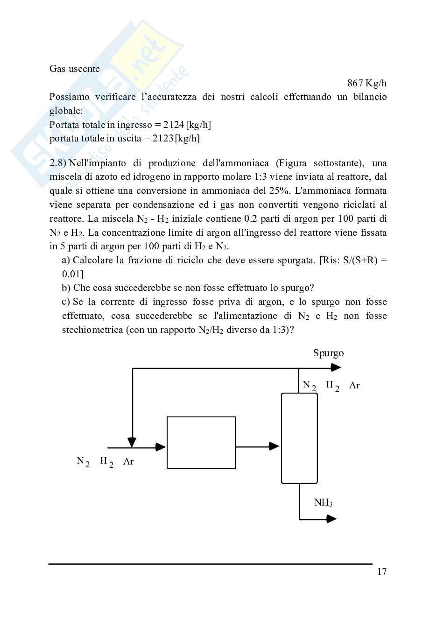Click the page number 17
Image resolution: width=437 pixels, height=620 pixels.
point(381,571)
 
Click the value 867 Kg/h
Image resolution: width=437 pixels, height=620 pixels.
point(367,83)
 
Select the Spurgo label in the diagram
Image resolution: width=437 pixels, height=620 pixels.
point(328,353)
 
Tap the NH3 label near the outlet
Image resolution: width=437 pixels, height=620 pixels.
point(323,503)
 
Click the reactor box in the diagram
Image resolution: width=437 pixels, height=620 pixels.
point(201,443)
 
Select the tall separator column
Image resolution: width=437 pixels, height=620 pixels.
point(299,438)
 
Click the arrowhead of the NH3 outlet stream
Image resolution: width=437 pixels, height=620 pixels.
point(331,519)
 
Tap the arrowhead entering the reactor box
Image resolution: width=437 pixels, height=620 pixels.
point(161,447)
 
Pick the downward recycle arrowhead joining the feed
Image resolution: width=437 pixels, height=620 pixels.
point(132,442)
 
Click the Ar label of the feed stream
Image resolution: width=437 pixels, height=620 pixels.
point(128,462)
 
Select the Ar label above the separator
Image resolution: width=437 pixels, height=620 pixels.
point(354,386)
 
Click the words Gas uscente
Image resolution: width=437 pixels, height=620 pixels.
point(75,69)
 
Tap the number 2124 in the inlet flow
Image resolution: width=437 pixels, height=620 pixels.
point(173,125)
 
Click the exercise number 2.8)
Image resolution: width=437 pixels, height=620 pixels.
point(58,163)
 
